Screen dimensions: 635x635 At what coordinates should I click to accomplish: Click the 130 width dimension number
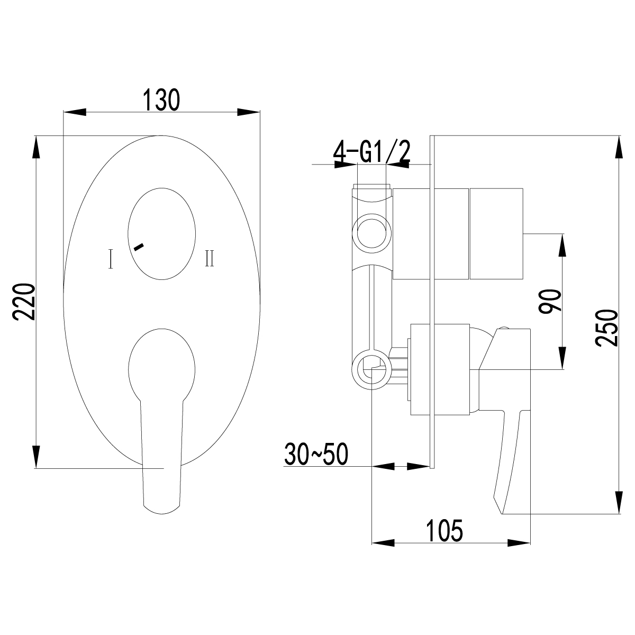[161, 100]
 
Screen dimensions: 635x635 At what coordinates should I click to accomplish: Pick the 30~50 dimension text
[315, 454]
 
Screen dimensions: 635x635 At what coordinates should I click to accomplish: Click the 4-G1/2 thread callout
[372, 153]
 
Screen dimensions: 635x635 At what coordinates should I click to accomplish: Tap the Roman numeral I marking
[110, 259]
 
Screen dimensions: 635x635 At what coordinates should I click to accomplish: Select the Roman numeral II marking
[210, 259]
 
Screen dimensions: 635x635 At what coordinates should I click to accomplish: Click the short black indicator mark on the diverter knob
[139, 246]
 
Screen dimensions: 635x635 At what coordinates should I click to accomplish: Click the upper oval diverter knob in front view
[161, 234]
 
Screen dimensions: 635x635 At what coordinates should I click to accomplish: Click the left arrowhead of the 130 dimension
[74, 112]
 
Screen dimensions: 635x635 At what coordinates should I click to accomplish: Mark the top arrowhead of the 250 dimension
[619, 146]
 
